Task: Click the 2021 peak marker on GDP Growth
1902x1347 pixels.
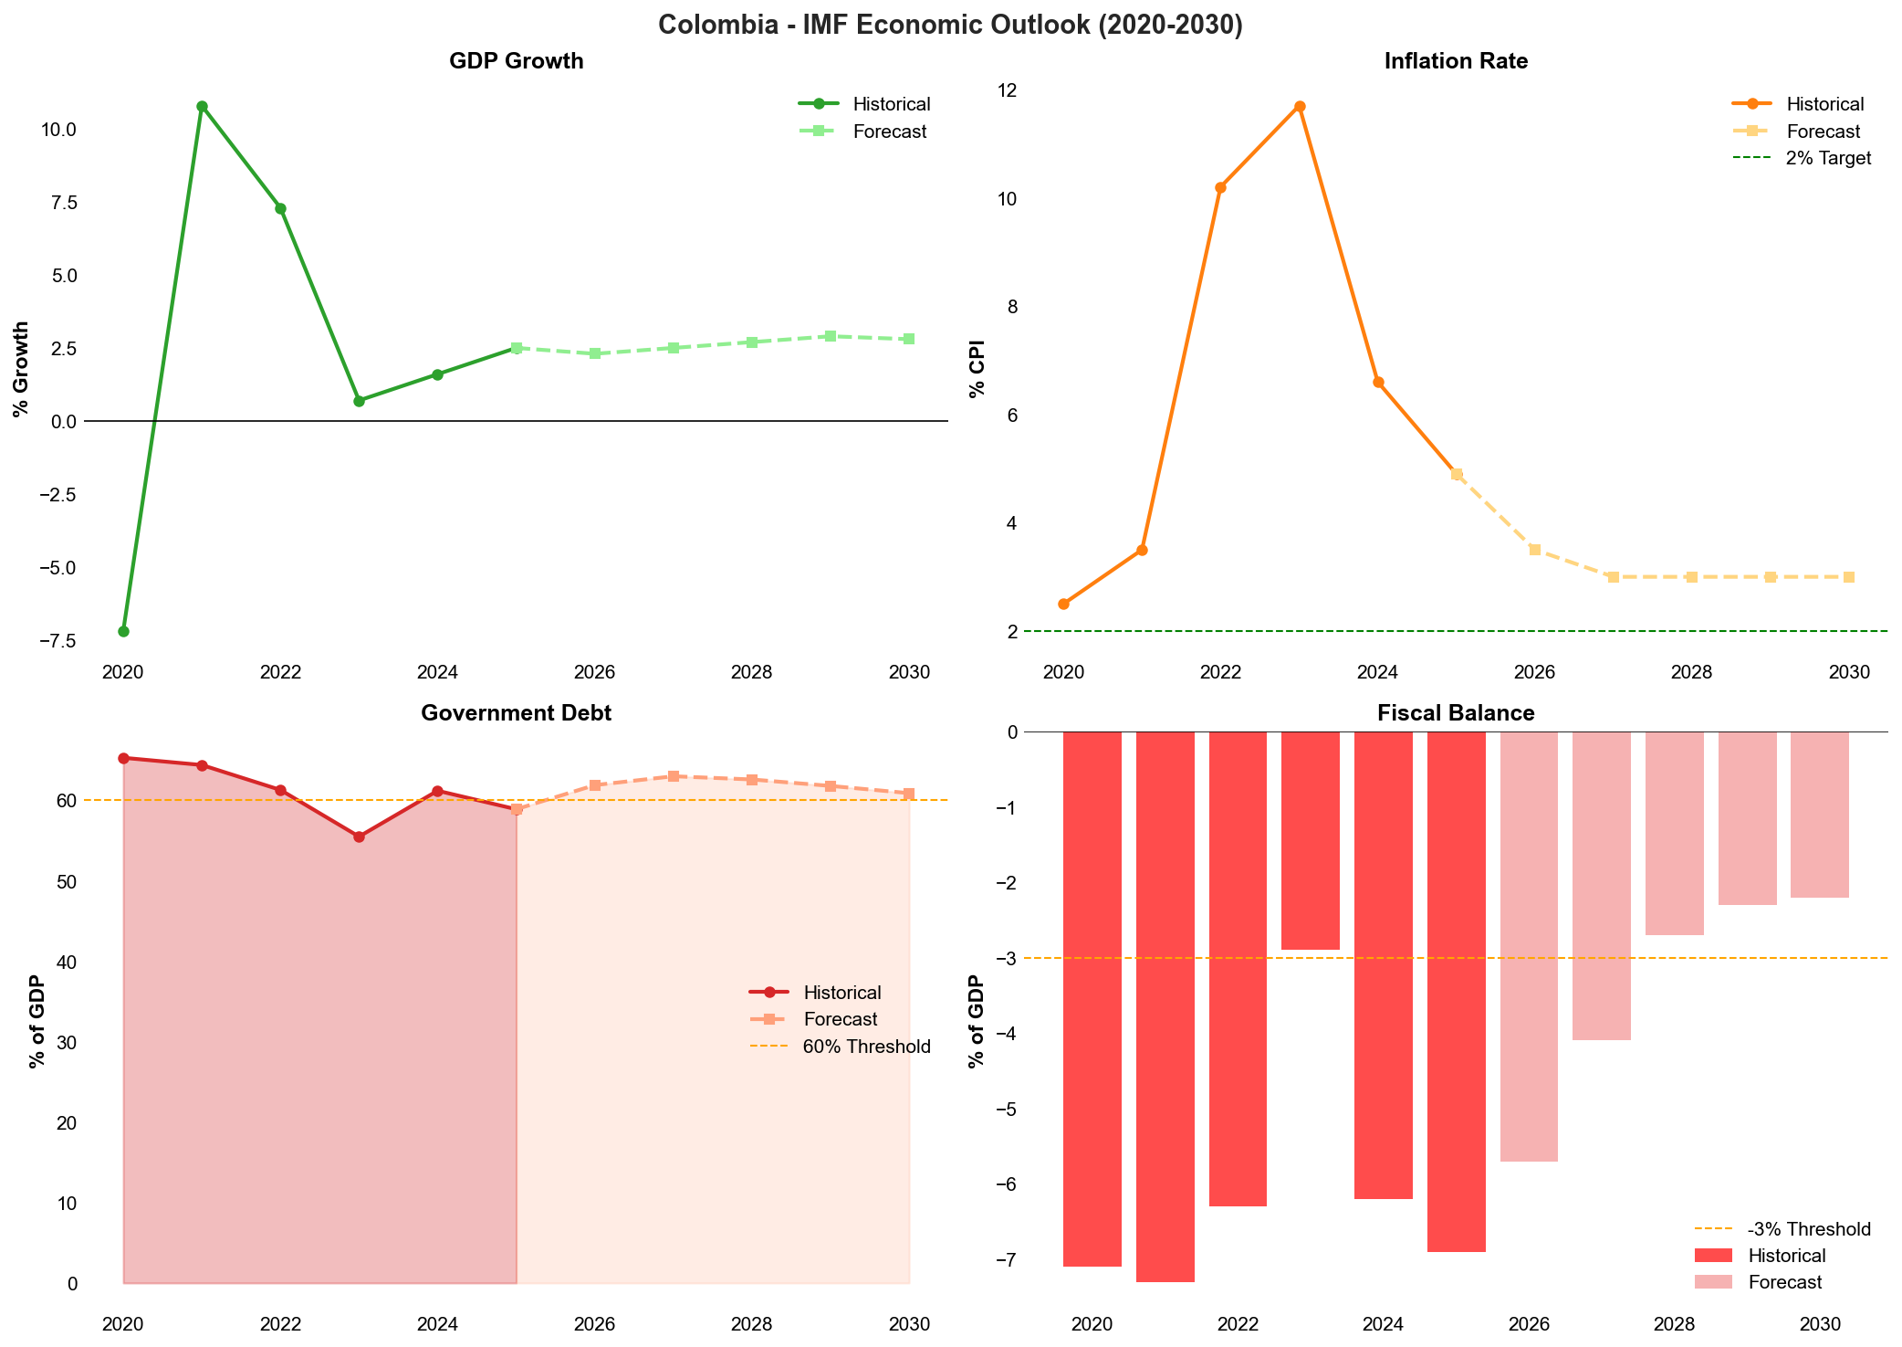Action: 202,106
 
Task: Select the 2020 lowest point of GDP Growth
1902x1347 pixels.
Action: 123,631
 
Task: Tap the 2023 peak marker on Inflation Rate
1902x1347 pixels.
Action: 1300,106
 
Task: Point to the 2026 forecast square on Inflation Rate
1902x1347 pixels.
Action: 1535,550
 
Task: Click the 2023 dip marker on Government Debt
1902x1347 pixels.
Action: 359,837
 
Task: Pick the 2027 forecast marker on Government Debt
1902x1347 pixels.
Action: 673,776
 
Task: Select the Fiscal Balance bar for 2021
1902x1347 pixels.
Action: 1165,1005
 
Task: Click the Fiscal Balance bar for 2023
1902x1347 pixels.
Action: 1310,840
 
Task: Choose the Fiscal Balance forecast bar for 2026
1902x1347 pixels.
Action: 1529,946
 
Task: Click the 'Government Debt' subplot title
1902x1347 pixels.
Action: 516,713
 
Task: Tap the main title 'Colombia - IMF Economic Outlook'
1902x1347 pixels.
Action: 950,25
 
